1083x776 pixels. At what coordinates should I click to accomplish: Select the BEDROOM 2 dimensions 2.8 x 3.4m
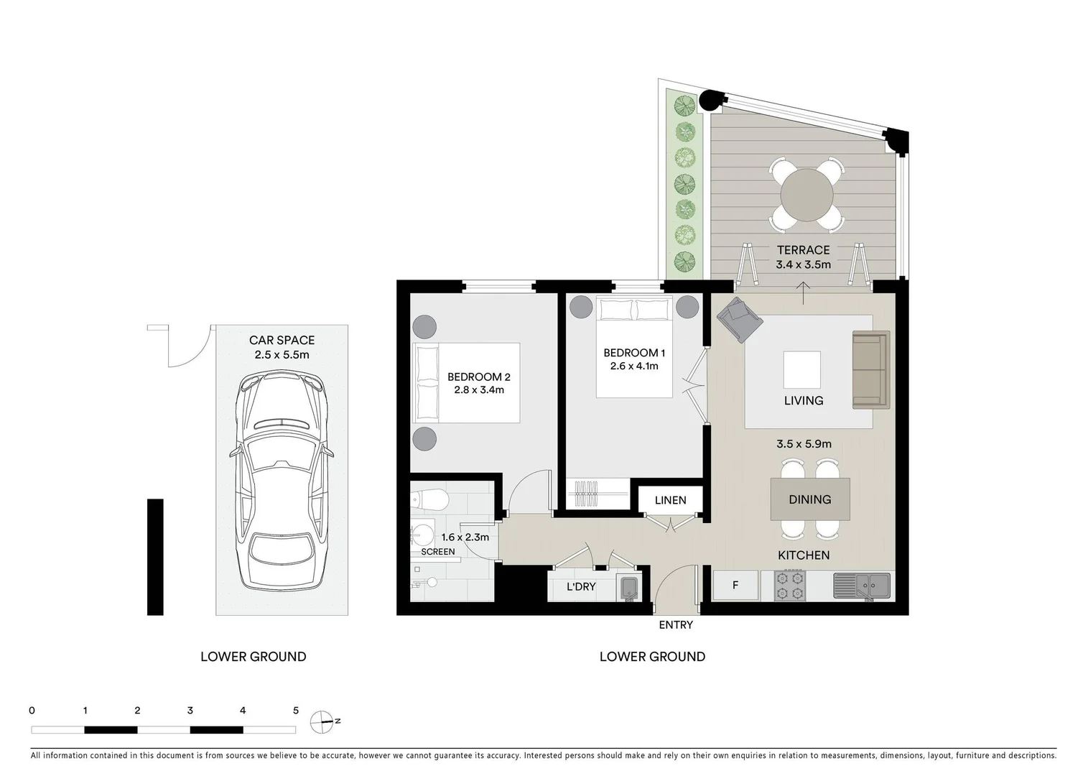click(x=479, y=390)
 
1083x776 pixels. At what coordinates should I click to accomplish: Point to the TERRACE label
click(x=803, y=250)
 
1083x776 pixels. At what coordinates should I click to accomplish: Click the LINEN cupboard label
click(x=670, y=500)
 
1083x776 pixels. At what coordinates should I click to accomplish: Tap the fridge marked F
click(x=735, y=586)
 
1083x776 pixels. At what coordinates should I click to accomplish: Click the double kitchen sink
click(x=861, y=586)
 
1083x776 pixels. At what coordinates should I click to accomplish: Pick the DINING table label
click(x=809, y=499)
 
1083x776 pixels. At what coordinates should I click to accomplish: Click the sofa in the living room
click(x=870, y=370)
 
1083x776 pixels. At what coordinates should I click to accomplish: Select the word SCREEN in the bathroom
click(x=437, y=552)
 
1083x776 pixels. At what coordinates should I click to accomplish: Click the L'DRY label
click(x=581, y=587)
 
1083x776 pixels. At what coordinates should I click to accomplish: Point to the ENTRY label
click(x=676, y=625)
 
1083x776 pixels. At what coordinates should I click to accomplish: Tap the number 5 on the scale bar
click(x=295, y=711)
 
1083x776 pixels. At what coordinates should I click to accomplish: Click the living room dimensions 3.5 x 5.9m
click(x=804, y=444)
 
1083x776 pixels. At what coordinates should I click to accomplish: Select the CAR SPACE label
click(x=282, y=341)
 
